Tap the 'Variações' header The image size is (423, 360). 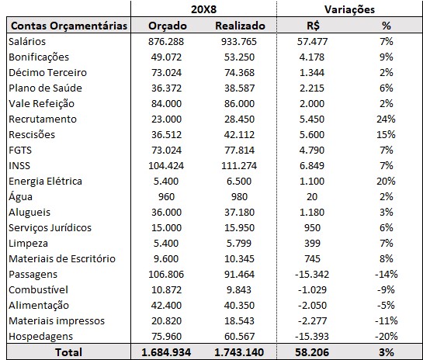[x=349, y=9]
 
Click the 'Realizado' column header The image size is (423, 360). [x=240, y=26]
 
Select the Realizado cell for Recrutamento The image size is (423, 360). [x=240, y=119]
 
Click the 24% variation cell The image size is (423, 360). [x=385, y=119]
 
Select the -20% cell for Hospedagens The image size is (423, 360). [x=385, y=336]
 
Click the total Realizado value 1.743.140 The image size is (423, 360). [x=240, y=351]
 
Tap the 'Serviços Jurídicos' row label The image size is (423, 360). [x=50, y=227]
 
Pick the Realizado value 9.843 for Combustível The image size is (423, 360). [x=240, y=289]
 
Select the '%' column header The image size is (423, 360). [x=385, y=26]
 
